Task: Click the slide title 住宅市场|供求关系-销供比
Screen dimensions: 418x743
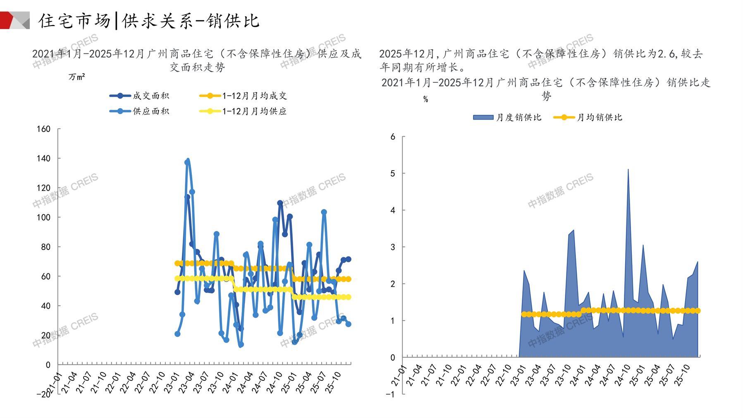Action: [x=149, y=21]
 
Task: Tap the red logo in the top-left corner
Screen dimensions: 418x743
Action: [x=14, y=20]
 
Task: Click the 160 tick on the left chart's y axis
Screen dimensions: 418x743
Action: [x=43, y=129]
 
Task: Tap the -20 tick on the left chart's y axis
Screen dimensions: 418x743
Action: [x=43, y=394]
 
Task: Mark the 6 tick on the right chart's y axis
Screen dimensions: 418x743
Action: [x=393, y=137]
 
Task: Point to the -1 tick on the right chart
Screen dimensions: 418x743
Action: [x=390, y=394]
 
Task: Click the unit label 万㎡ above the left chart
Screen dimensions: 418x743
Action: [x=77, y=77]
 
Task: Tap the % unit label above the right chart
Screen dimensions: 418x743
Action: [x=425, y=99]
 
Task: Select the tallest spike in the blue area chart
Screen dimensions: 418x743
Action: [x=628, y=170]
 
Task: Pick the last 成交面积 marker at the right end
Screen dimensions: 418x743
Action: [x=348, y=259]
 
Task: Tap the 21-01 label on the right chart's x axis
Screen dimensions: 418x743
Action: [x=399, y=375]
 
